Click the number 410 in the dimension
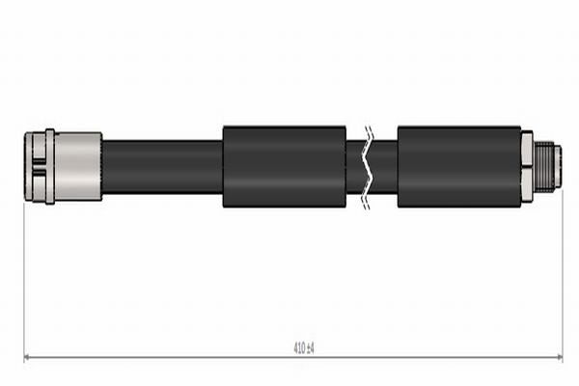pos(298,347)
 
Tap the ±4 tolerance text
pos(310,347)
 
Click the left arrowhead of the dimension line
pos(27,358)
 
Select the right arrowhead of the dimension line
pos(560,358)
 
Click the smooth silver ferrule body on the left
pos(79,166)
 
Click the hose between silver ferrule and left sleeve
pos(161,166)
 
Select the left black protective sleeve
pos(284,166)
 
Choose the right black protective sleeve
pos(457,166)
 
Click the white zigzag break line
pos(366,166)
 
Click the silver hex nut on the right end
pos(527,166)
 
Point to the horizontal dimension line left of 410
pos(154,358)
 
